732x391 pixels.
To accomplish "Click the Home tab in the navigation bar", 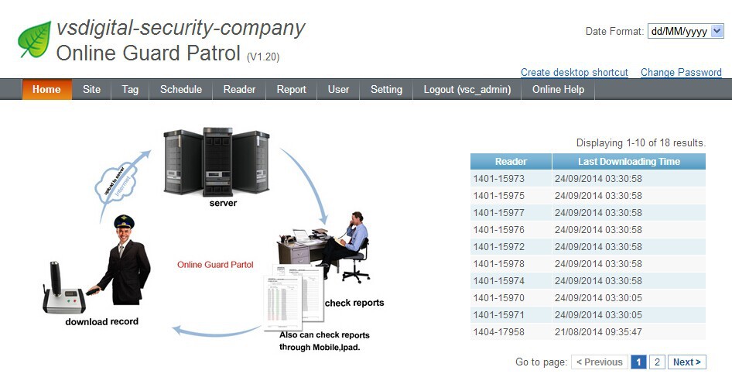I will (x=46, y=89).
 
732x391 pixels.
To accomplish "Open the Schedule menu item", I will (x=181, y=89).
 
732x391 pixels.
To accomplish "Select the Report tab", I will (x=292, y=89).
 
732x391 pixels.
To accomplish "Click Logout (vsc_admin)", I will (x=467, y=89).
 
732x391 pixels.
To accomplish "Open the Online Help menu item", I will (x=558, y=89).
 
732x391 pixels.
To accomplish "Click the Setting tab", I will (x=386, y=89).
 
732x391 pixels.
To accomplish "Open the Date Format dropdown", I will (x=686, y=31).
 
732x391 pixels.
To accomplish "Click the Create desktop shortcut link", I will (x=574, y=72).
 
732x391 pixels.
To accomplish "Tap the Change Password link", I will (x=681, y=72).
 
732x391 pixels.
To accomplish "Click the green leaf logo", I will (x=34, y=39).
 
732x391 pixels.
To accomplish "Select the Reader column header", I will (x=511, y=162).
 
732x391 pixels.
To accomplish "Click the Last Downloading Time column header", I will (x=628, y=162).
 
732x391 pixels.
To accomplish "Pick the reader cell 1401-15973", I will (x=499, y=179).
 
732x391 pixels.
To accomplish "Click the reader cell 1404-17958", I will (x=499, y=332).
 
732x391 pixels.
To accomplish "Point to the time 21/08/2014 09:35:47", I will (x=598, y=332).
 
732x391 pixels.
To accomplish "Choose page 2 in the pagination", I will (x=657, y=362).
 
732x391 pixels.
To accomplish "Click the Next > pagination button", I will (x=687, y=362).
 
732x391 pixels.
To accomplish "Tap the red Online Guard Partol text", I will (x=215, y=265).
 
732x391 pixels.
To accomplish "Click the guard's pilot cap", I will (x=124, y=222).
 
